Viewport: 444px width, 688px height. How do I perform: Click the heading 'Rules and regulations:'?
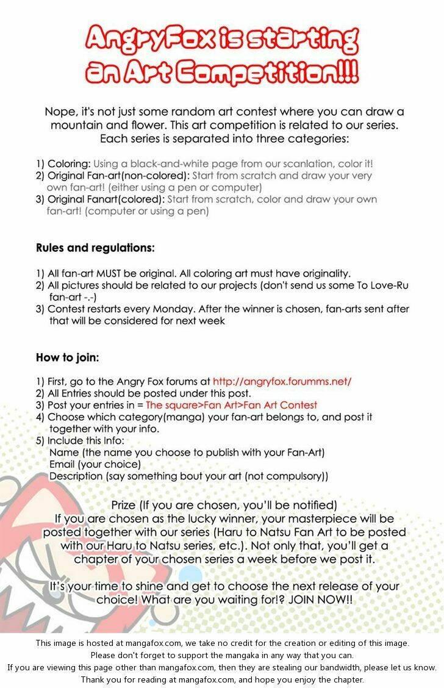95,248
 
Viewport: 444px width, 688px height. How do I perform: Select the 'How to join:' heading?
67,357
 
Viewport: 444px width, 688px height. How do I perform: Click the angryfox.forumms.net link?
282,381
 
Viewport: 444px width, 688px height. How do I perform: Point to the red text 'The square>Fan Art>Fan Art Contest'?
231,405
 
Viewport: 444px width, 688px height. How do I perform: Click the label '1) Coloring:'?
63,164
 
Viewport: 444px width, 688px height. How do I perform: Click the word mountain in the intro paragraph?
79,126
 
